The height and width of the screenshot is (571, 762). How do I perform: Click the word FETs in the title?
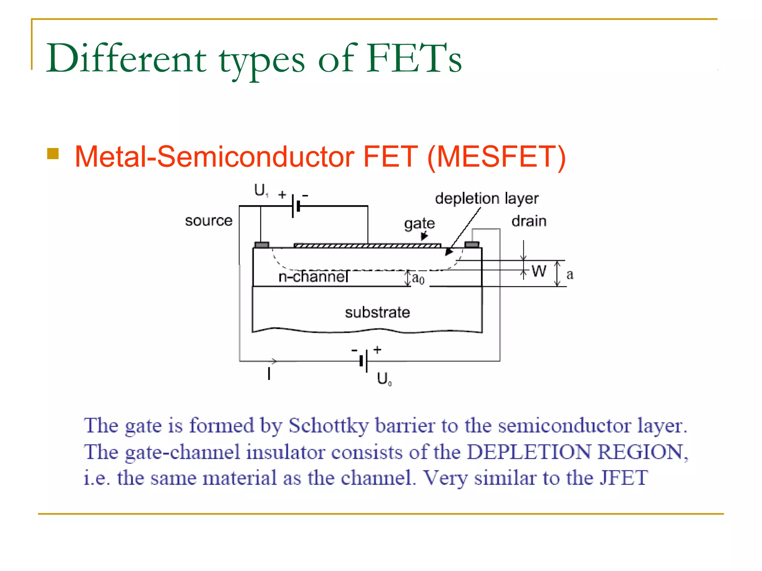(x=414, y=58)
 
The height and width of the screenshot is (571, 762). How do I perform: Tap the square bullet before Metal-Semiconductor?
(x=53, y=154)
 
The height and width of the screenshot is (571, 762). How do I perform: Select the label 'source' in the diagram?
(x=209, y=221)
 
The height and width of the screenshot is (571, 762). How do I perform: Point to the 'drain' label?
(x=529, y=221)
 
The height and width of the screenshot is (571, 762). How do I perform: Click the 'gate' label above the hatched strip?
(x=419, y=223)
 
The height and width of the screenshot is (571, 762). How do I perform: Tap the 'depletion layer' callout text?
(x=487, y=199)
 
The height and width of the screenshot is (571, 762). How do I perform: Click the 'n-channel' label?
(x=313, y=277)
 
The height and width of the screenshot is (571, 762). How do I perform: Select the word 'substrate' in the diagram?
(x=377, y=312)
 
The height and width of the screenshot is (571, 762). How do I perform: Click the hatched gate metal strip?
(x=367, y=245)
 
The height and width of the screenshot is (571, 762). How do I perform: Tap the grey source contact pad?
(x=262, y=245)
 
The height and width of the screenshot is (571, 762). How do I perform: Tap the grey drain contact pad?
(x=472, y=245)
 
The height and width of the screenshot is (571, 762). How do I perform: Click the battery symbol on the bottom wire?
(x=364, y=361)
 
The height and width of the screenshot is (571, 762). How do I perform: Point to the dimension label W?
(x=538, y=271)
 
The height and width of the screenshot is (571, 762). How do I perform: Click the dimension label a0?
(x=418, y=278)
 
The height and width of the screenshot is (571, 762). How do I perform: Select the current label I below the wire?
(x=269, y=374)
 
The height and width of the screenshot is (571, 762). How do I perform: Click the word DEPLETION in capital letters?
(x=529, y=452)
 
